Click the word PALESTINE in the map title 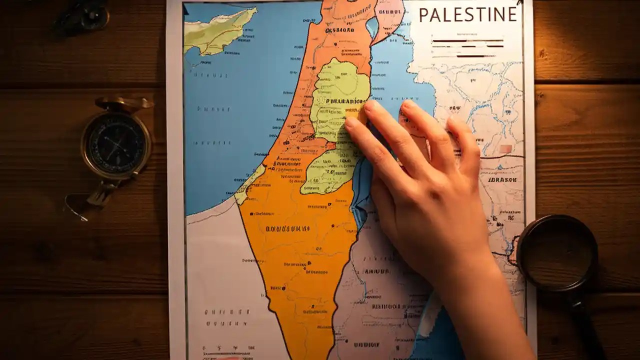coord(467,15)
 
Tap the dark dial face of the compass coord(116,142)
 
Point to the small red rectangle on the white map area coord(505,148)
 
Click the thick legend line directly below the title coord(467,40)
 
